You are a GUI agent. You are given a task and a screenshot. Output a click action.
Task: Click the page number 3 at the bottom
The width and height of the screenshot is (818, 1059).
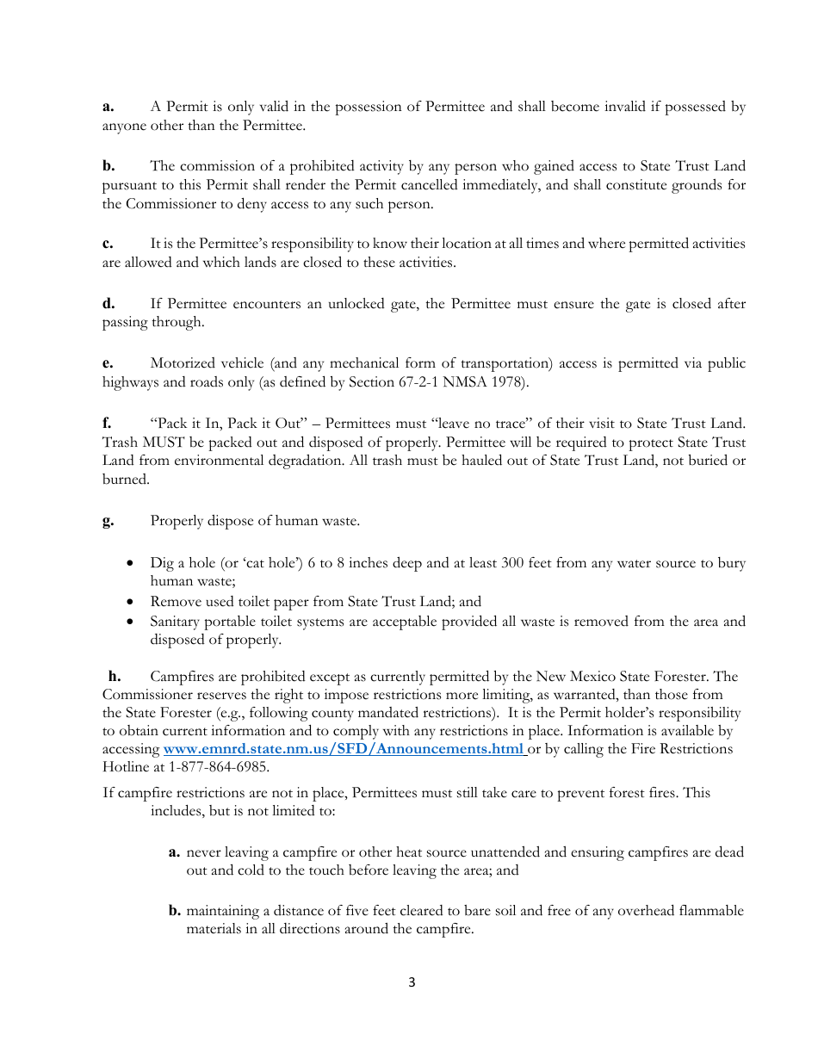pos(412,982)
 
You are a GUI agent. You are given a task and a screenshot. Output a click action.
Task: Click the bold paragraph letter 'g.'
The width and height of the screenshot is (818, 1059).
pos(108,521)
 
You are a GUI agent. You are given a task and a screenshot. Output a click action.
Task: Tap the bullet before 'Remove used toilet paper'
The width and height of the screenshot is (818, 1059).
pos(129,602)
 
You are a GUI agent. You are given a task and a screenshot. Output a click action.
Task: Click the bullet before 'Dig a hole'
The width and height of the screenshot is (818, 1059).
pos(129,563)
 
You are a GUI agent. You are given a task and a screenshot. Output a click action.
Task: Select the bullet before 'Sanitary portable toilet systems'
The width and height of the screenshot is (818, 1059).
pos(129,622)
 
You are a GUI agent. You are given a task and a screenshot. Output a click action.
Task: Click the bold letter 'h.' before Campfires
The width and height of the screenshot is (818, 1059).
pos(114,677)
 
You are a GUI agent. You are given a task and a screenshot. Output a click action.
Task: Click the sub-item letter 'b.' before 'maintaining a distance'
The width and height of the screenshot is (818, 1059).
pos(174,911)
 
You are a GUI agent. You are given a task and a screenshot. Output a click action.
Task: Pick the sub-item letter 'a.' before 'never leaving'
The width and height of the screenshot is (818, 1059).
pos(174,852)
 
